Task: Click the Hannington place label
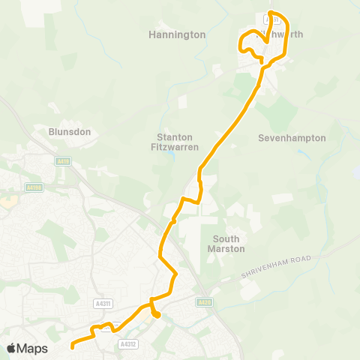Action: (x=177, y=34)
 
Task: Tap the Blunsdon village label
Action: (x=70, y=131)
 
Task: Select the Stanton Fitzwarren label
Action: (x=178, y=142)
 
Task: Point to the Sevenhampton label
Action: (x=292, y=138)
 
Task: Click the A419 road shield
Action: (x=62, y=160)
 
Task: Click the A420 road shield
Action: (x=204, y=301)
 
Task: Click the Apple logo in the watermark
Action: (x=11, y=348)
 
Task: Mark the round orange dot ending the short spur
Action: (x=157, y=315)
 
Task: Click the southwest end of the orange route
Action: (x=73, y=346)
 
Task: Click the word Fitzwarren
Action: (x=178, y=148)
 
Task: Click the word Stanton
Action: (x=175, y=137)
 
